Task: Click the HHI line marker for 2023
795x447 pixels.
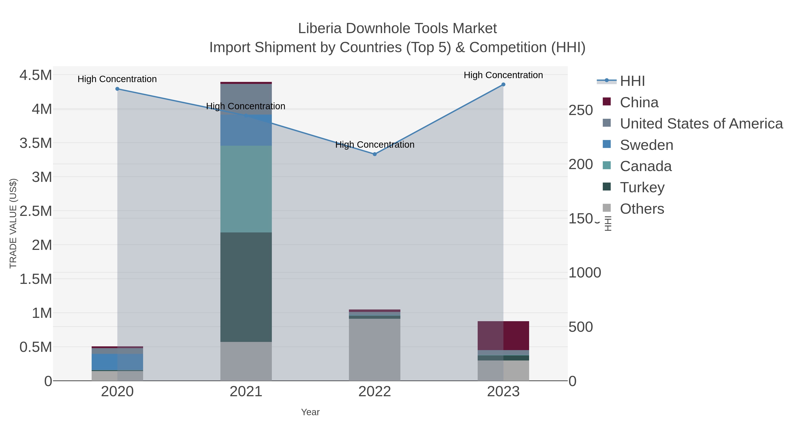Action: tap(503, 85)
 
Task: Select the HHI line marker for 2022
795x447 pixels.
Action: tap(375, 154)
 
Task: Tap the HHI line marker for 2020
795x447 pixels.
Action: tap(117, 89)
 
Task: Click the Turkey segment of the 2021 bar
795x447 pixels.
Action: tap(246, 287)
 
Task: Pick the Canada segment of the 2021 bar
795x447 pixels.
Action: tap(246, 189)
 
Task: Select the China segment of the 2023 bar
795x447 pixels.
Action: tap(503, 336)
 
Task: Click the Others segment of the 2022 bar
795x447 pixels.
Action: tap(375, 349)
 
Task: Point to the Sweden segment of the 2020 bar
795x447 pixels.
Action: tap(117, 362)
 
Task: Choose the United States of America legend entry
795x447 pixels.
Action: tap(701, 124)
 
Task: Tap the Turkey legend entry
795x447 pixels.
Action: tap(642, 188)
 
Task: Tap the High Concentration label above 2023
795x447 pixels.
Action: tap(503, 75)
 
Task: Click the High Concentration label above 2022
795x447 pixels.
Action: tap(375, 144)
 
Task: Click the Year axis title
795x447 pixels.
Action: tap(310, 412)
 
